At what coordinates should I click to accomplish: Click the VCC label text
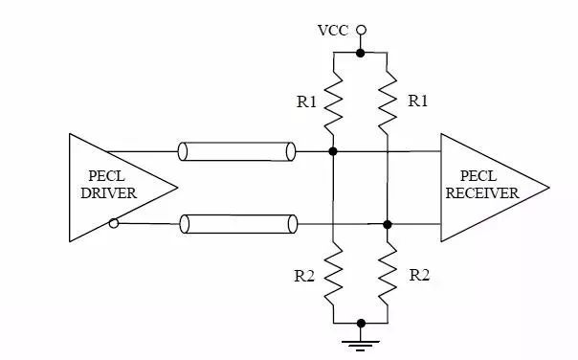[333, 30]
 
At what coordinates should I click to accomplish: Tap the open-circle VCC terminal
[360, 30]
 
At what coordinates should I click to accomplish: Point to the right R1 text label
[418, 100]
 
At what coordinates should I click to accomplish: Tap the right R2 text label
[419, 275]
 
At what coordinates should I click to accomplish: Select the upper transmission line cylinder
[235, 151]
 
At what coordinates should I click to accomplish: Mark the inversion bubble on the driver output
[114, 224]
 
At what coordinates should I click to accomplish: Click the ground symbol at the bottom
[360, 342]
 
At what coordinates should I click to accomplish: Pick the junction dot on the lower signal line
[387, 224]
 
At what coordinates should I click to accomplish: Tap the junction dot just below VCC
[360, 53]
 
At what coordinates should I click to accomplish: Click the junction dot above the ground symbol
[360, 324]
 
